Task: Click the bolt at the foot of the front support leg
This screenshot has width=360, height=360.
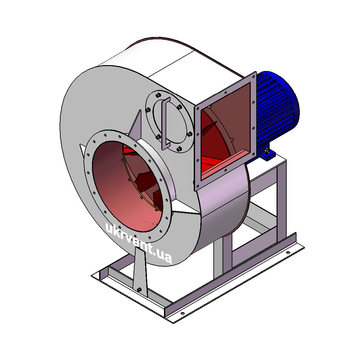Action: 139,290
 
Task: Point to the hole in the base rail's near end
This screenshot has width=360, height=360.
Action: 183,314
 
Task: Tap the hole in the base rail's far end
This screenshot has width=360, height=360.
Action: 288,253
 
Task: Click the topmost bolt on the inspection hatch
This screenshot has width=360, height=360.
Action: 158,95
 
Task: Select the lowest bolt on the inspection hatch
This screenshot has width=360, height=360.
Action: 180,149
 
